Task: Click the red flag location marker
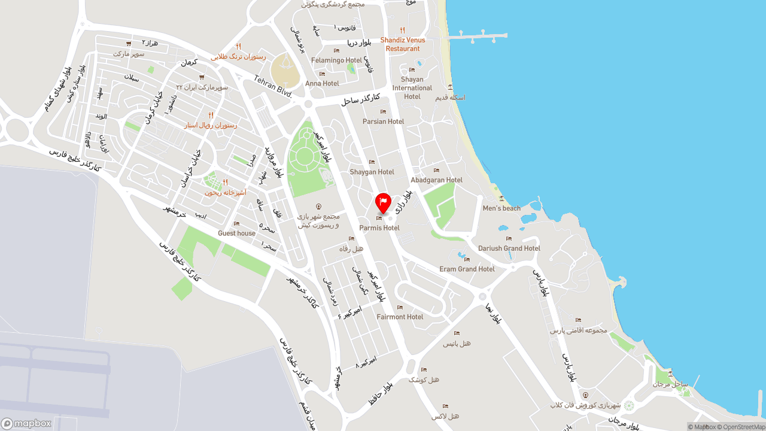coord(383,202)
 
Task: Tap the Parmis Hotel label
coord(379,228)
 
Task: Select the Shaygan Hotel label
coord(372,172)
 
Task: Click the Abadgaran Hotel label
coord(436,180)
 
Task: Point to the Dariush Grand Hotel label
coord(509,248)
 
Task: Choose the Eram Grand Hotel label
coord(467,269)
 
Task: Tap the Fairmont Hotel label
coord(400,317)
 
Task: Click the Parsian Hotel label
coord(383,122)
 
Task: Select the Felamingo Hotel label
coord(336,60)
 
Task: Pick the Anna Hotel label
coord(322,83)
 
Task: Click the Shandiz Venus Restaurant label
coord(403,44)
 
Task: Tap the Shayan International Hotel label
coord(412,87)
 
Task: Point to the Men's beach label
coord(501,208)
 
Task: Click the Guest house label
coord(236,233)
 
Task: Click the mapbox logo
coord(27,423)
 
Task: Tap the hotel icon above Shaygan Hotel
coord(372,162)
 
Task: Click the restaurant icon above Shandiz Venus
coord(403,31)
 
